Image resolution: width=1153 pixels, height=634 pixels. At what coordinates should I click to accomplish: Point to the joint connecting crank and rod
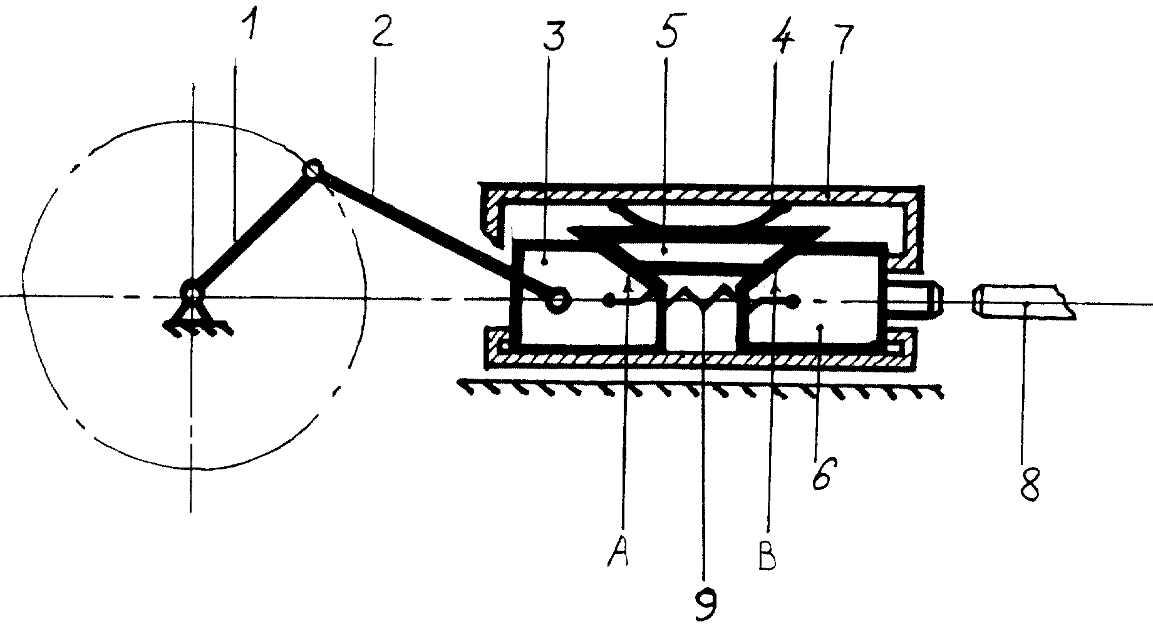coord(313,170)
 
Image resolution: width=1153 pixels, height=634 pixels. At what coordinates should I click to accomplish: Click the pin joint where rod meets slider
coord(556,300)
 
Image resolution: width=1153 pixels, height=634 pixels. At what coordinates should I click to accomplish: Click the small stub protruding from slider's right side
coord(913,300)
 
